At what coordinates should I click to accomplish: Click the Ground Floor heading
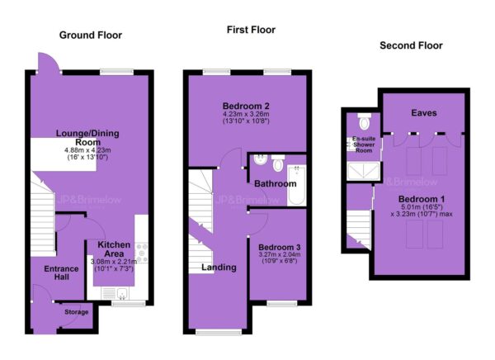[x=91, y=35]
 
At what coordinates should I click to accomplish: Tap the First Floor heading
[x=251, y=30]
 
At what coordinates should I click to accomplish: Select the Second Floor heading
[x=411, y=45]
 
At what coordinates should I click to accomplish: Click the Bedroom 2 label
[x=246, y=106]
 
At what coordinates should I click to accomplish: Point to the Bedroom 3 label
[x=280, y=247]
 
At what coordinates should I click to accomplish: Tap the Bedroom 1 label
[x=422, y=199]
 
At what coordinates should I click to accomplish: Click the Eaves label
[x=424, y=113]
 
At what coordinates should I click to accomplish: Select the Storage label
[x=77, y=312]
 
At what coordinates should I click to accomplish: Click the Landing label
[x=219, y=268]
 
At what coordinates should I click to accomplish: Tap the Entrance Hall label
[x=61, y=272]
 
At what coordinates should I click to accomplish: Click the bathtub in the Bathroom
[x=296, y=186]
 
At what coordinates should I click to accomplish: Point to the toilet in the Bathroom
[x=278, y=163]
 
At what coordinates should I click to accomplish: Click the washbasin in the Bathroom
[x=261, y=159]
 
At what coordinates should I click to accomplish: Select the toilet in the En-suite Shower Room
[x=365, y=121]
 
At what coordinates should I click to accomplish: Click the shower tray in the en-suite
[x=363, y=171]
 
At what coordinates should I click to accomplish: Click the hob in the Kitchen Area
[x=141, y=253]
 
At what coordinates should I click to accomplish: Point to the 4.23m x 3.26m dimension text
[x=246, y=114]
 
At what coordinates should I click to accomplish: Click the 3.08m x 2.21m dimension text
[x=114, y=262]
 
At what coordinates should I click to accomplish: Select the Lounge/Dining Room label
[x=87, y=138]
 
